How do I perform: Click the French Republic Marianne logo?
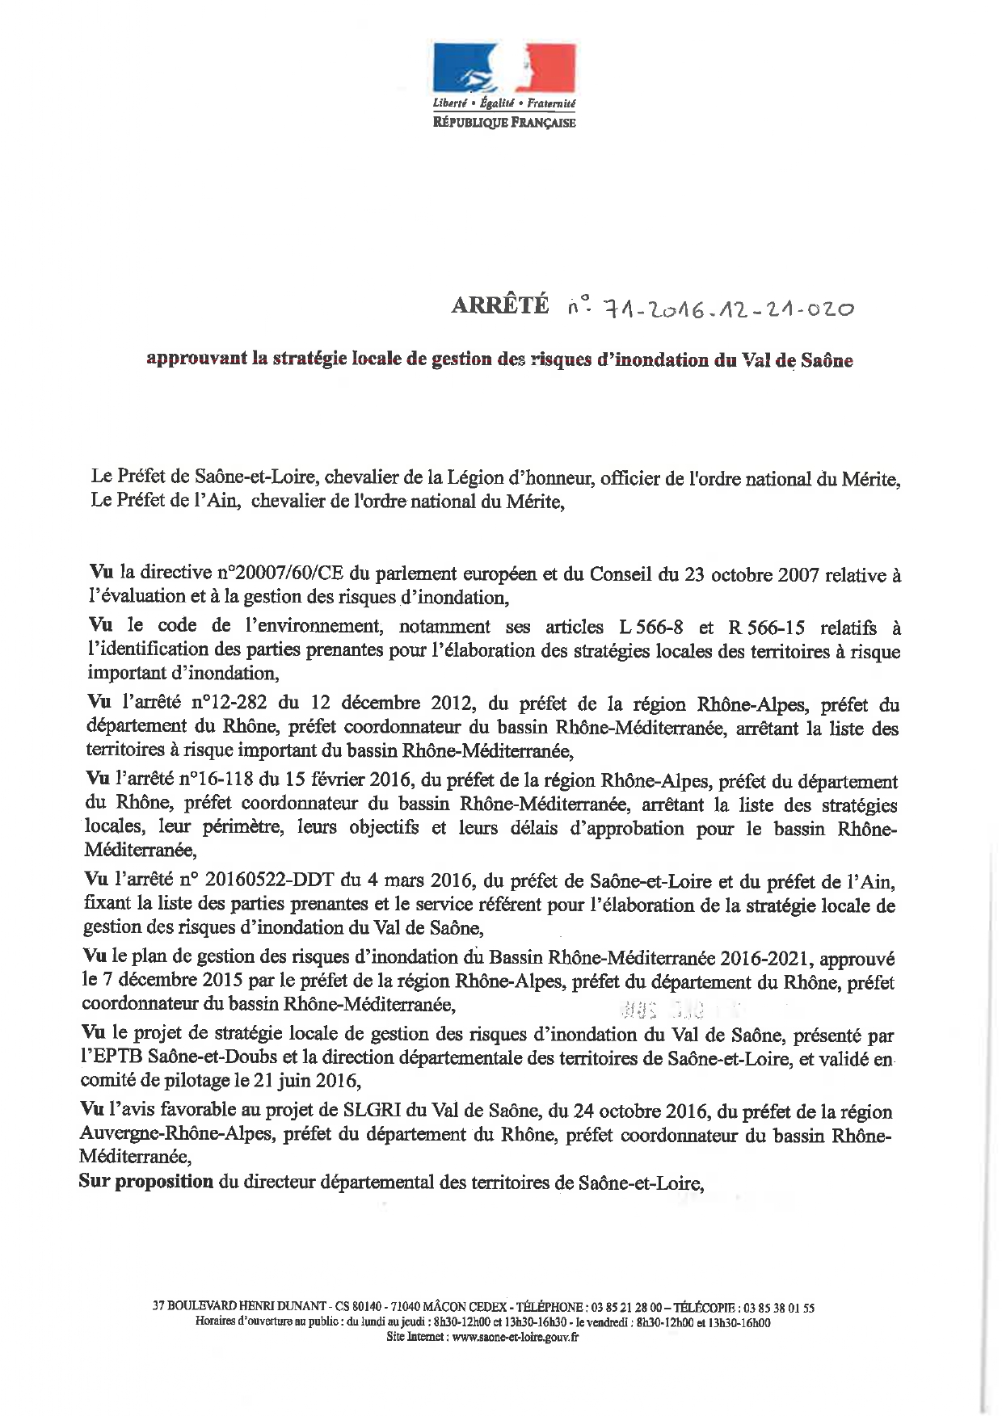(x=504, y=69)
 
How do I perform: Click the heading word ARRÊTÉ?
(x=499, y=306)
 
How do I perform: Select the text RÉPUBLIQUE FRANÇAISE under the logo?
(x=504, y=123)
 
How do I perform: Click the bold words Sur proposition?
(x=146, y=1182)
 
